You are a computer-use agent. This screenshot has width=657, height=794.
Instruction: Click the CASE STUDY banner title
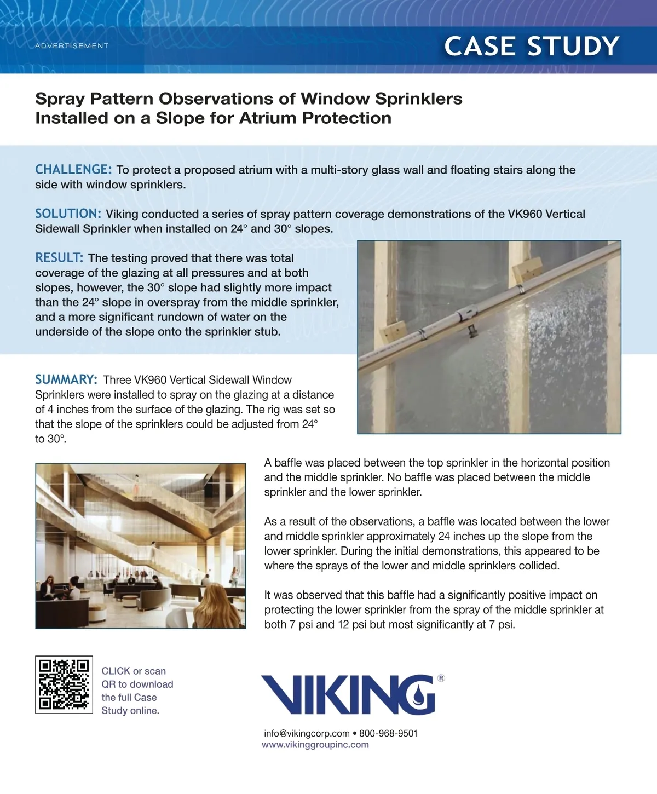532,46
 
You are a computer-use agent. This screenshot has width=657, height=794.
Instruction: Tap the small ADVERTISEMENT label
72,46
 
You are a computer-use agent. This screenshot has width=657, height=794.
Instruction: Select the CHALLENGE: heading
73,170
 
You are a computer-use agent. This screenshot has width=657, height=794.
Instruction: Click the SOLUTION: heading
68,214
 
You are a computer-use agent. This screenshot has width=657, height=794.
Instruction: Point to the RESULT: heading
59,258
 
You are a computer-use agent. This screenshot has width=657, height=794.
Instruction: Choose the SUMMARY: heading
66,379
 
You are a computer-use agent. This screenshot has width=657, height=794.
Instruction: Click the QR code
64,684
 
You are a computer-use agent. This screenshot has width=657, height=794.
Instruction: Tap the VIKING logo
348,694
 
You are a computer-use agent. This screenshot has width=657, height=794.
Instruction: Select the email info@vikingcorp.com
307,733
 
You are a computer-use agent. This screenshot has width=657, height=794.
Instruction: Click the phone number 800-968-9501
388,733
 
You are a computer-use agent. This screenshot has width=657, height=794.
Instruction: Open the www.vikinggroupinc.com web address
315,745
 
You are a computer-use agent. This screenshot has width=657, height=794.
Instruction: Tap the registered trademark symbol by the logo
441,678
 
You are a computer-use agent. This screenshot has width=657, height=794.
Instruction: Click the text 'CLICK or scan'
134,671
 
